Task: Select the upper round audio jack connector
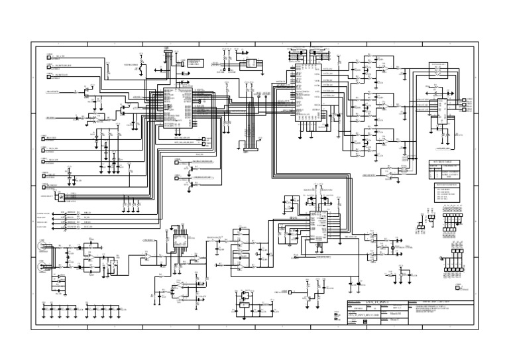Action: tap(43, 247)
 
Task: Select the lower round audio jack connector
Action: tap(43, 263)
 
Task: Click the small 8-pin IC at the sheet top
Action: tap(252, 64)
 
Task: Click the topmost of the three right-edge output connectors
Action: tap(464, 101)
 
